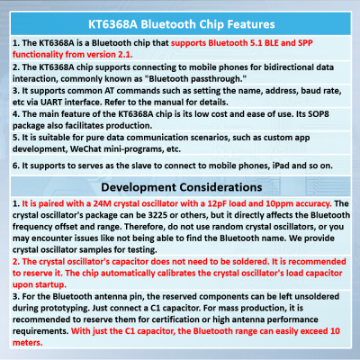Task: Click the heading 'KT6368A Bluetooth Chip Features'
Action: coord(180,16)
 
